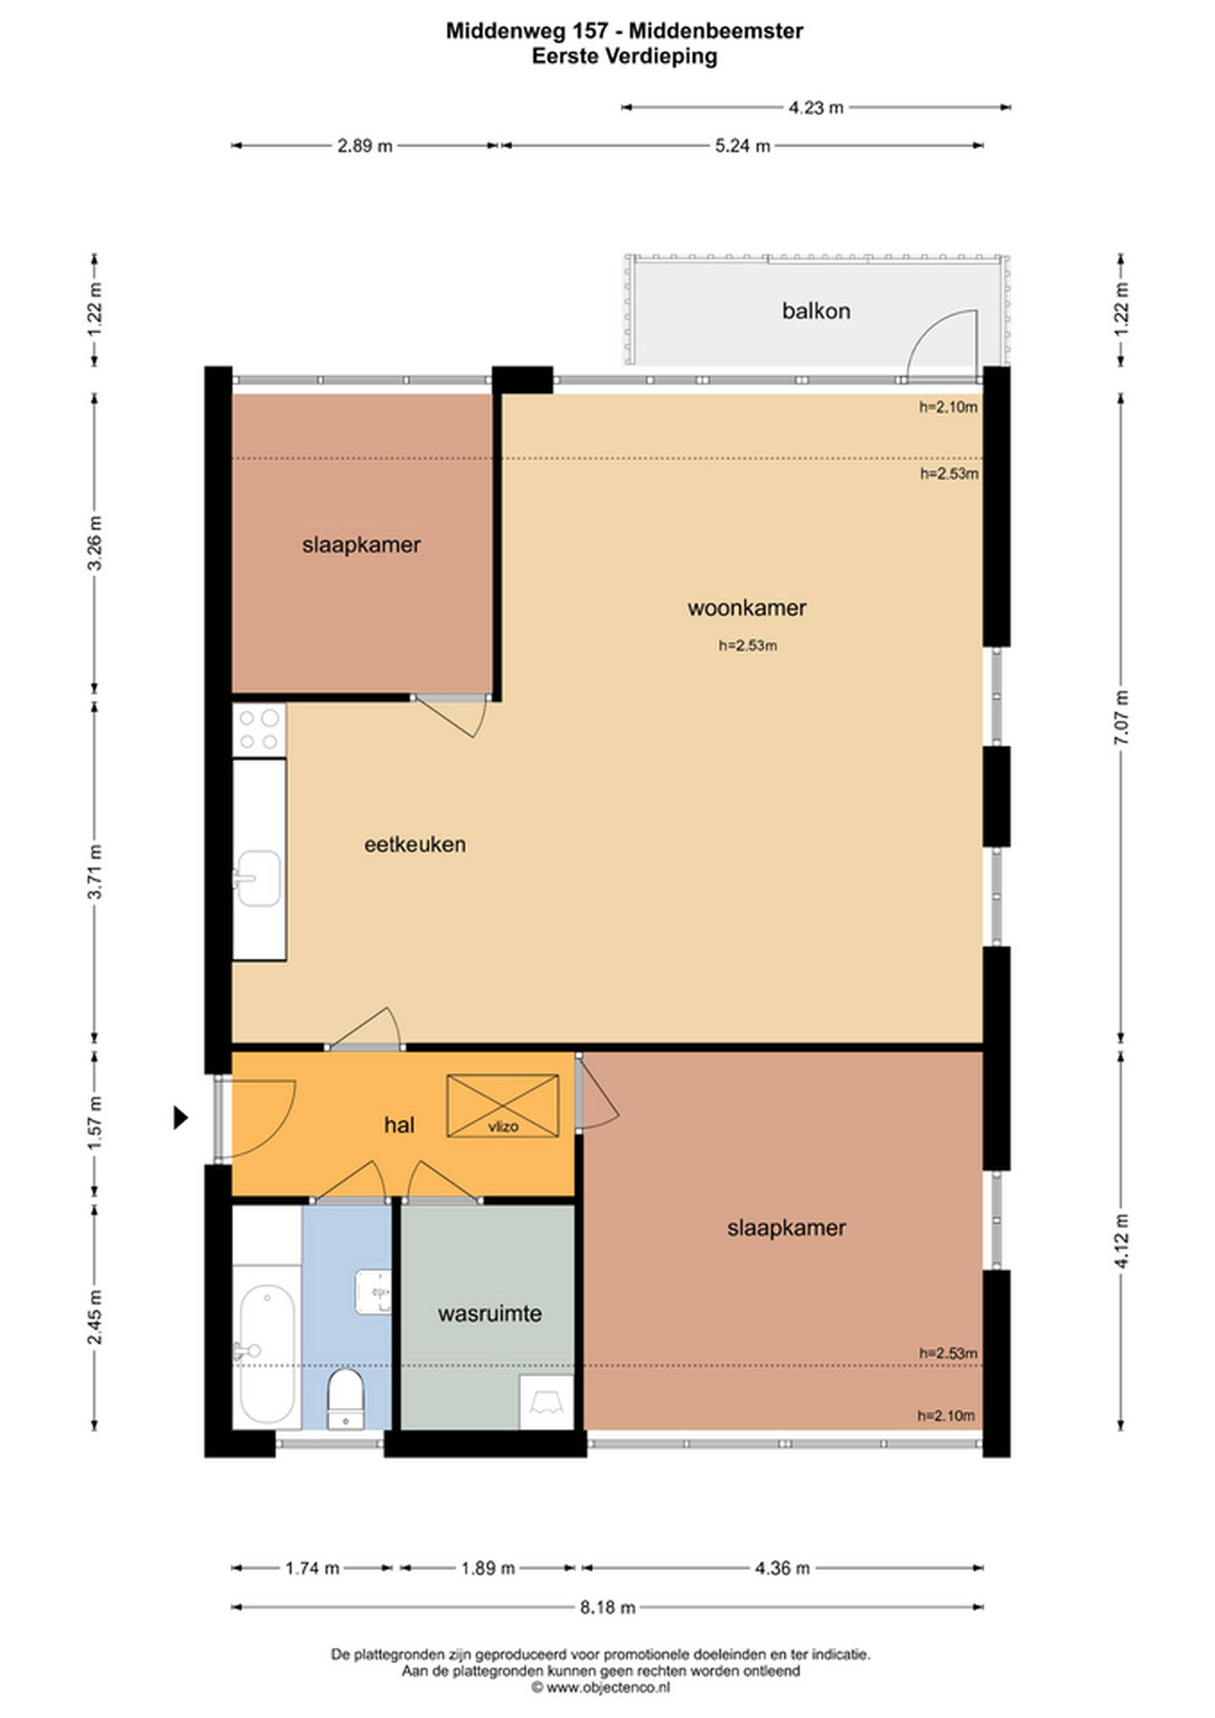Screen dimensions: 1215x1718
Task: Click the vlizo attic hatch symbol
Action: (x=503, y=1106)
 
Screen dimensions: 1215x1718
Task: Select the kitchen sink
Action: (x=259, y=878)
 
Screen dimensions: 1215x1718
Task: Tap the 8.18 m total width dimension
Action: (x=607, y=1607)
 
